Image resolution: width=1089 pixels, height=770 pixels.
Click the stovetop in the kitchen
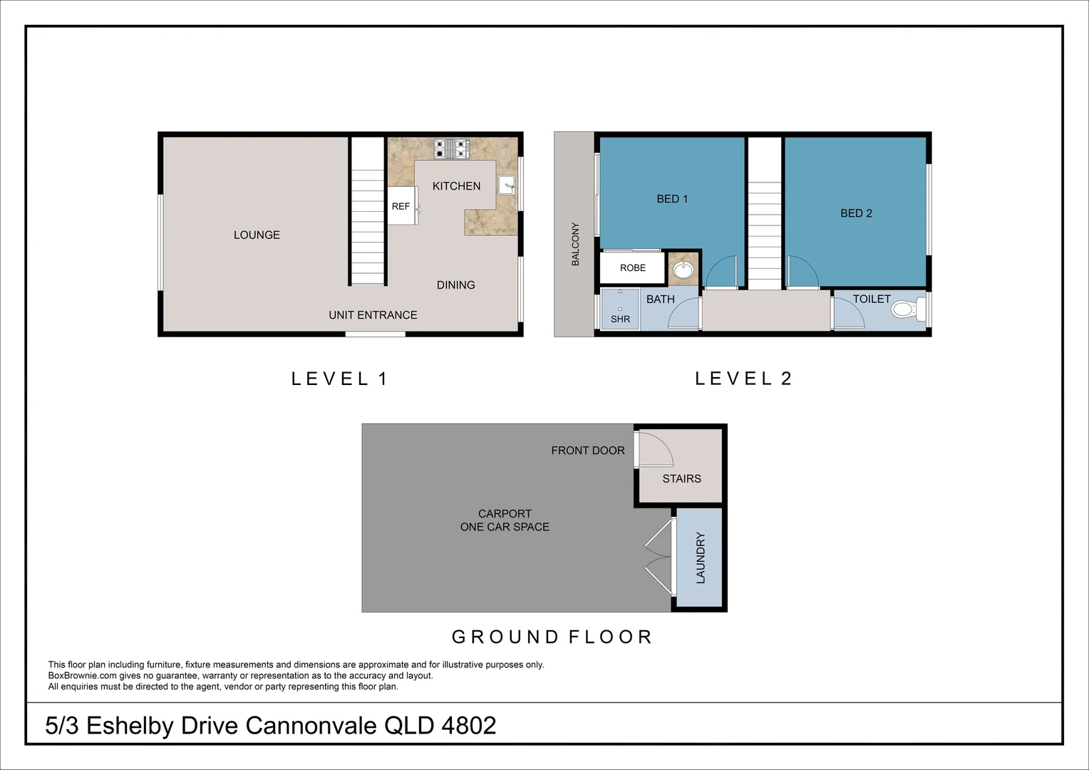click(451, 149)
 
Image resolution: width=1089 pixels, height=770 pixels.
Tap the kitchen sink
click(507, 185)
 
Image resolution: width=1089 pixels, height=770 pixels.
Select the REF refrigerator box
click(402, 206)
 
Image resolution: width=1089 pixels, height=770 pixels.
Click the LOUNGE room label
click(257, 235)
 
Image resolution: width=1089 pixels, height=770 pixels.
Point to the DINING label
click(455, 284)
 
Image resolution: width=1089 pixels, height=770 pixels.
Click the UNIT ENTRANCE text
click(373, 314)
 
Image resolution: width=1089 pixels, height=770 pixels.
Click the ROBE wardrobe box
click(632, 268)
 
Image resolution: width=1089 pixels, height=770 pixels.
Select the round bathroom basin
click(683, 270)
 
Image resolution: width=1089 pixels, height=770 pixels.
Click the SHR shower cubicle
click(620, 309)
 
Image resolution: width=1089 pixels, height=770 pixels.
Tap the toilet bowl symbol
click(906, 309)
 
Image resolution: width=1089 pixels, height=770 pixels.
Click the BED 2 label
click(856, 213)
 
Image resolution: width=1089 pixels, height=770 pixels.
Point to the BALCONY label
click(575, 244)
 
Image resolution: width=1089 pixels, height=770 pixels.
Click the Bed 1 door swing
click(721, 271)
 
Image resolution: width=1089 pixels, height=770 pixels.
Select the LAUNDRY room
click(699, 558)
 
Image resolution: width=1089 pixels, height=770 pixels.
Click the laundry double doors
click(660, 557)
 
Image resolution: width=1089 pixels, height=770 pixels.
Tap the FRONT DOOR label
click(587, 451)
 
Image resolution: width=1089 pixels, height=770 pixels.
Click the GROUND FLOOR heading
click(552, 637)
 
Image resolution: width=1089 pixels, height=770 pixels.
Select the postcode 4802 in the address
click(468, 725)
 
